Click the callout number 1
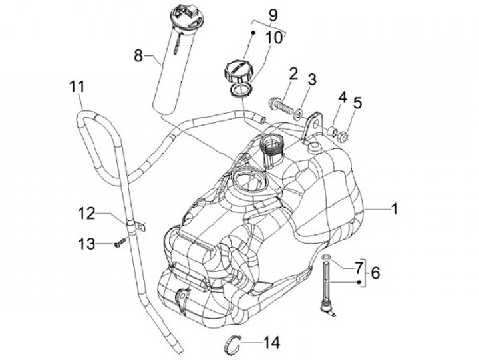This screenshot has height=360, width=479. [395, 209]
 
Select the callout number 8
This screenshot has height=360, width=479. [138, 56]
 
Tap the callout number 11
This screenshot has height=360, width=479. [77, 87]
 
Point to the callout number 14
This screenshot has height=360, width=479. [271, 343]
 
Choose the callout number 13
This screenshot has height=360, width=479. [87, 244]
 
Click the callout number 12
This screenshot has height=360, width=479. [87, 214]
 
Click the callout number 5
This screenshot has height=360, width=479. [357, 103]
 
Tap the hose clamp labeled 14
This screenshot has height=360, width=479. [231, 346]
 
